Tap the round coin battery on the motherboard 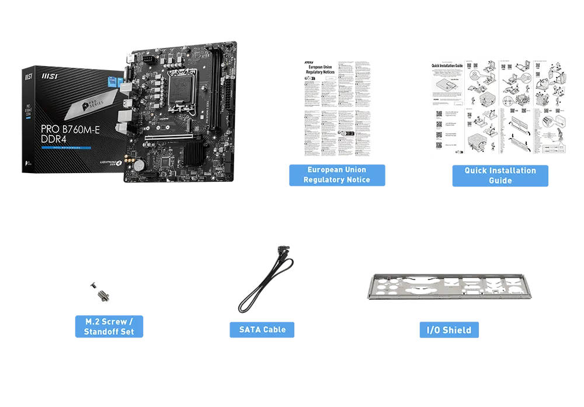[139, 165]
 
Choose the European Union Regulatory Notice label [336, 175]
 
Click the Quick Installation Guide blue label [500, 175]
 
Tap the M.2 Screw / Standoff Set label [109, 327]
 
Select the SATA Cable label [262, 330]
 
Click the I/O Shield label [449, 330]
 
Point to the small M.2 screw [100, 292]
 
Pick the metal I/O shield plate [449, 287]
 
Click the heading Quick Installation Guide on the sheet [447, 66]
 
